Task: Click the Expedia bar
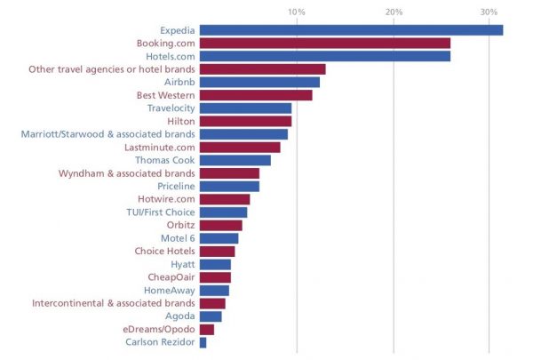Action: point(351,30)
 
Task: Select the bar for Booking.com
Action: point(325,43)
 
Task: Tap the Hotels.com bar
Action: point(325,56)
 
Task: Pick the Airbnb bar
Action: point(259,82)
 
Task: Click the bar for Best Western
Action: point(256,95)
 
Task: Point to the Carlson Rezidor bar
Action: point(203,342)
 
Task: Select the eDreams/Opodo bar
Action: point(207,329)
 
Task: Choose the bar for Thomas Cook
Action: point(235,160)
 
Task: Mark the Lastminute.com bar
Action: point(240,147)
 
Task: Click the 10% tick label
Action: point(297,12)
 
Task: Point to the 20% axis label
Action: point(394,12)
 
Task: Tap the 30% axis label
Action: point(489,12)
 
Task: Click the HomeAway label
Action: point(169,290)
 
